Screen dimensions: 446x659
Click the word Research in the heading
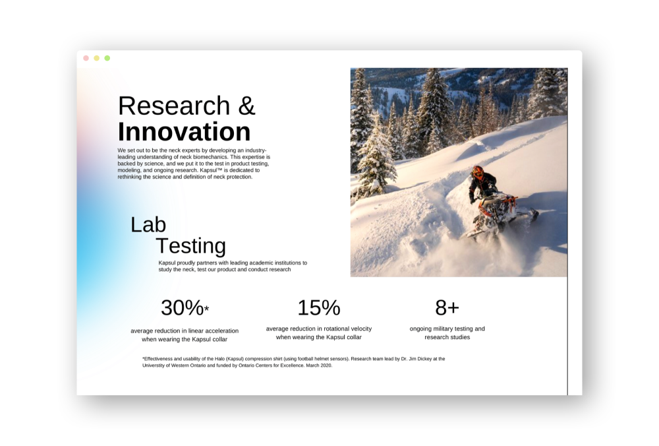pyautogui.click(x=174, y=106)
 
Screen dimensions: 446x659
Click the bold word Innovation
pyautogui.click(x=184, y=132)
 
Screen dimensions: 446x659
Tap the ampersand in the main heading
pyautogui.click(x=246, y=106)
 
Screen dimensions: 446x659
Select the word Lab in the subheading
pyautogui.click(x=148, y=225)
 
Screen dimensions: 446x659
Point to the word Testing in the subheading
pyautogui.click(x=190, y=246)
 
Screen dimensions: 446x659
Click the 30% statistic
pyautogui.click(x=182, y=308)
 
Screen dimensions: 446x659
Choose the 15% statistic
pyautogui.click(x=318, y=308)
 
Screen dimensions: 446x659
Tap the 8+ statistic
pyautogui.click(x=447, y=308)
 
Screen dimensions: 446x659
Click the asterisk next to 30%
pyautogui.click(x=206, y=309)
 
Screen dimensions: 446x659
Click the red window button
pyautogui.click(x=86, y=58)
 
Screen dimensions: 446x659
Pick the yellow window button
pyautogui.click(x=96, y=58)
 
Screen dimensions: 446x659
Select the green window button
pyautogui.click(x=107, y=58)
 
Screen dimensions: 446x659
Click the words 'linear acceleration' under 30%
pyautogui.click(x=212, y=331)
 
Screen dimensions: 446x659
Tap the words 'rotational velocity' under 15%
pyautogui.click(x=344, y=329)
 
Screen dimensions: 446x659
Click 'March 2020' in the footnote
pyautogui.click(x=318, y=366)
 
